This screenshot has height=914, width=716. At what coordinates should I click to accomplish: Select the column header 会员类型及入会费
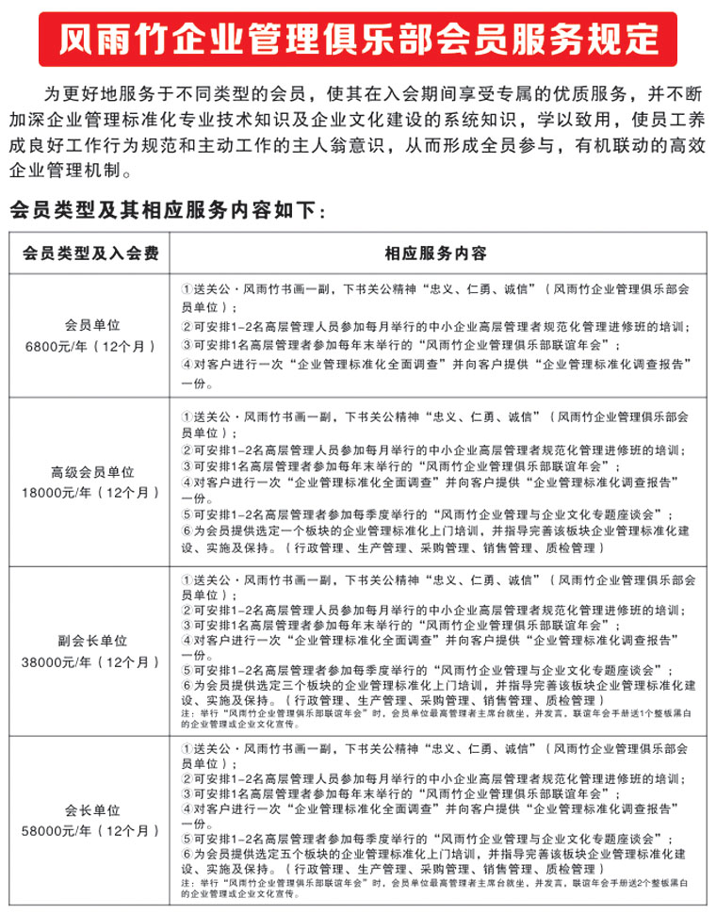[90, 253]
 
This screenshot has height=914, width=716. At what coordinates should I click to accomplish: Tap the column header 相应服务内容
[435, 253]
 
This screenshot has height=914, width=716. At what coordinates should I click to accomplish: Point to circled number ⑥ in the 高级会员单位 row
[187, 531]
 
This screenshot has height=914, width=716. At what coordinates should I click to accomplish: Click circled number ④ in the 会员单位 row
[187, 365]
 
